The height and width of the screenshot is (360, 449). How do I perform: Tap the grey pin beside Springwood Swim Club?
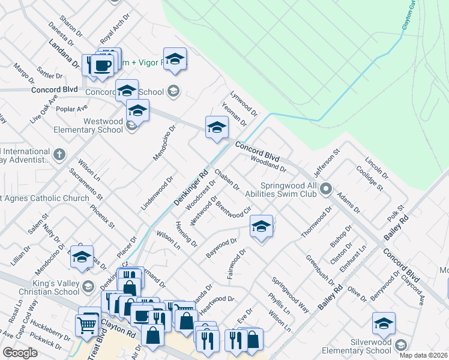tap(326, 190)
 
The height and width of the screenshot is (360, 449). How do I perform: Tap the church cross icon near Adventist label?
tap(59, 155)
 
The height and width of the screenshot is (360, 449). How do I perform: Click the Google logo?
tap(20, 353)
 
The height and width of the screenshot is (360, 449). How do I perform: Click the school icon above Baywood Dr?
tap(261, 227)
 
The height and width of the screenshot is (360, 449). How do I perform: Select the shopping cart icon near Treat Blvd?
tap(88, 325)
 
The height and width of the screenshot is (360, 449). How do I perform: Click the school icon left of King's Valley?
tap(82, 257)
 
